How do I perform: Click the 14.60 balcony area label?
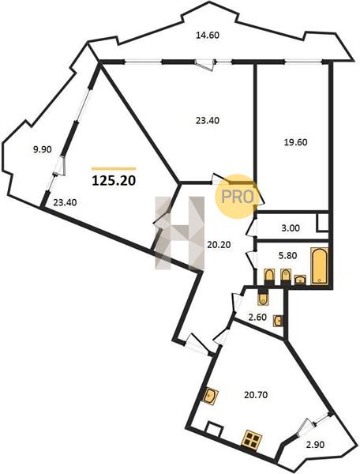tap(208, 36)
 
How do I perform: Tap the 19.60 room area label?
tap(296, 142)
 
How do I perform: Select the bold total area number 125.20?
tap(114, 181)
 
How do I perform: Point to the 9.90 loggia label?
tap(43, 149)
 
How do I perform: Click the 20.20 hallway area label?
tap(219, 245)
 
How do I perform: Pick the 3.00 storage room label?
tap(291, 228)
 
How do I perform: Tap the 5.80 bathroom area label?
tap(287, 255)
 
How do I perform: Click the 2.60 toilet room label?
tap(257, 317)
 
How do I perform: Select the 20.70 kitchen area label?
tap(256, 395)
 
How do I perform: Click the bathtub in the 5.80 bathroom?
tap(319, 265)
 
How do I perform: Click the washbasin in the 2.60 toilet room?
tap(278, 321)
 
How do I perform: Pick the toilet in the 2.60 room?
tap(263, 298)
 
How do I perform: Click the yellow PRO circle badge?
tap(237, 197)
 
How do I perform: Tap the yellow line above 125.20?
tap(114, 169)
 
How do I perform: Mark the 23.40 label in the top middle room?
tap(208, 121)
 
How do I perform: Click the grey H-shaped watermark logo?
tap(180, 232)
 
